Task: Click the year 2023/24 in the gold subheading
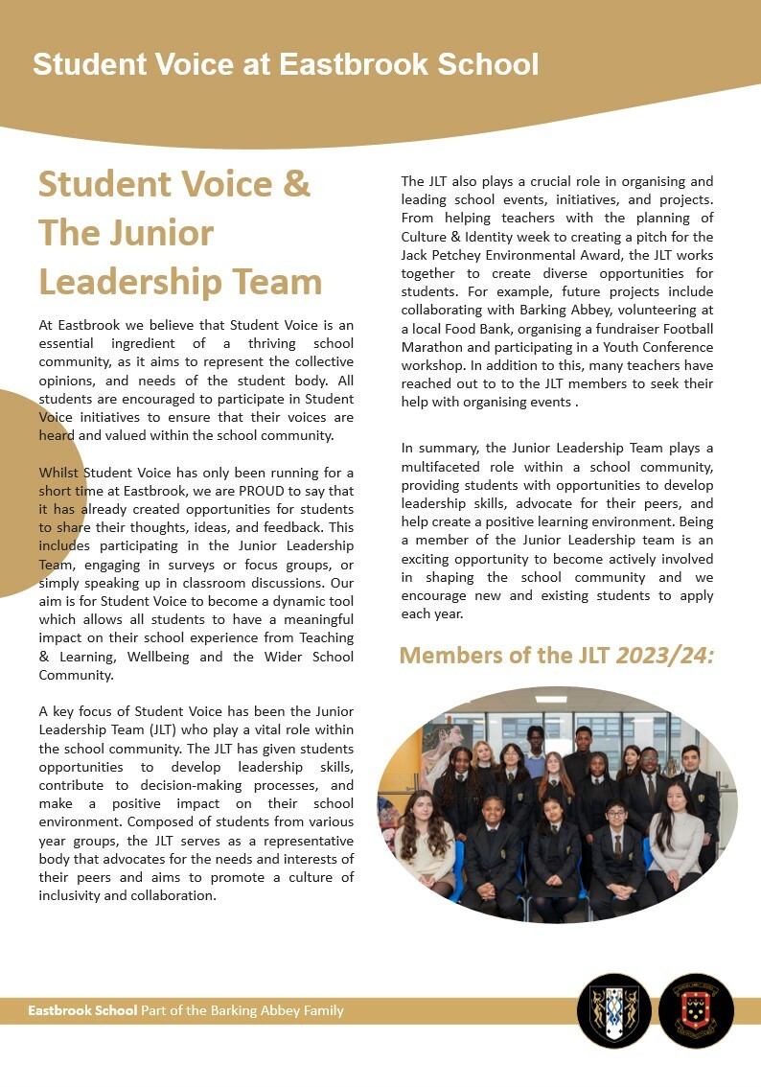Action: click(x=664, y=656)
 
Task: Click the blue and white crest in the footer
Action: click(x=614, y=1009)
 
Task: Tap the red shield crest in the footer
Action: click(x=696, y=1009)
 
